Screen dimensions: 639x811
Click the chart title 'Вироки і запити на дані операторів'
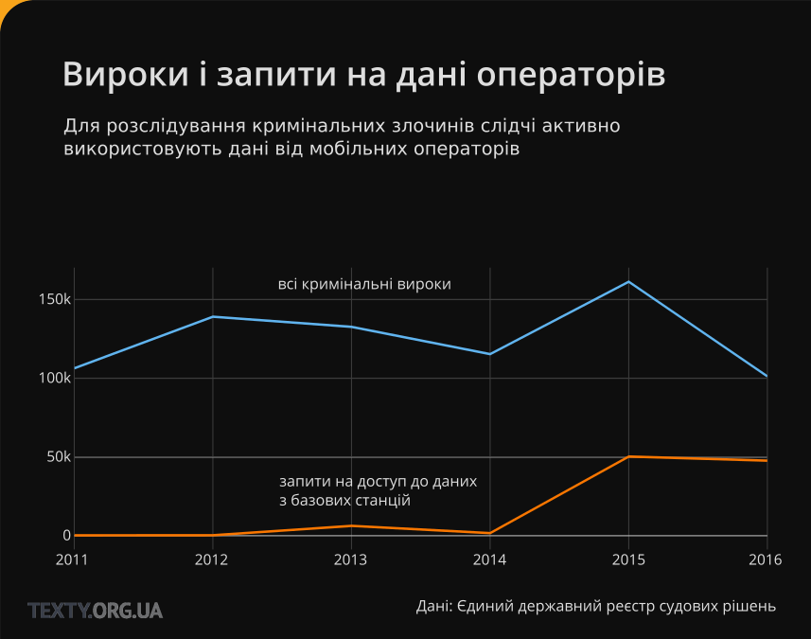(x=364, y=75)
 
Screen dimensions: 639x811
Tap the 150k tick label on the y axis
(x=54, y=299)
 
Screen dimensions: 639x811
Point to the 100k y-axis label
(x=54, y=378)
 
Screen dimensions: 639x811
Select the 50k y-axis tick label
(x=59, y=457)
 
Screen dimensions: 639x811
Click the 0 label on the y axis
(x=66, y=536)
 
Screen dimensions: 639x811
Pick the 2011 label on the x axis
(x=74, y=559)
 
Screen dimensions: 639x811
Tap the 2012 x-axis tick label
(x=212, y=559)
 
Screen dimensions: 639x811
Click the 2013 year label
(x=351, y=559)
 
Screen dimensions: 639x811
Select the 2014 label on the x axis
(x=489, y=559)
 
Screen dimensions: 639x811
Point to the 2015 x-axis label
(x=628, y=559)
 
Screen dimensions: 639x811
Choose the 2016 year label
(x=765, y=559)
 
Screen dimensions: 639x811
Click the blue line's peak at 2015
(x=628, y=282)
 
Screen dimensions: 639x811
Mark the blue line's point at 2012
(x=212, y=316)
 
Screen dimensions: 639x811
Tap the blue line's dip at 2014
(x=489, y=354)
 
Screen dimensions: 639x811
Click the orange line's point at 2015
(x=628, y=456)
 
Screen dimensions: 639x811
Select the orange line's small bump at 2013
(x=351, y=525)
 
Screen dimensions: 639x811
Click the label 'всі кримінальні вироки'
(x=364, y=284)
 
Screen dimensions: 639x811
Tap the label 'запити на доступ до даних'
(x=379, y=481)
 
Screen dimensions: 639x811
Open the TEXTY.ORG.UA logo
(x=96, y=611)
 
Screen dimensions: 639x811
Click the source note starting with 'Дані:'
(x=596, y=606)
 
